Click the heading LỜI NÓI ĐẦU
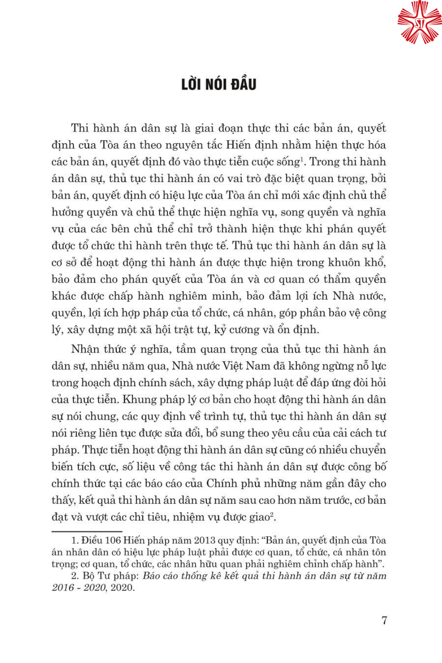point(219,84)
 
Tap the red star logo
point(419,22)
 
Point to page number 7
point(384,620)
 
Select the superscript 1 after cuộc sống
point(302,159)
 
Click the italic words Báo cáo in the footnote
point(160,576)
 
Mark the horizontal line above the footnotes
point(87,531)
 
